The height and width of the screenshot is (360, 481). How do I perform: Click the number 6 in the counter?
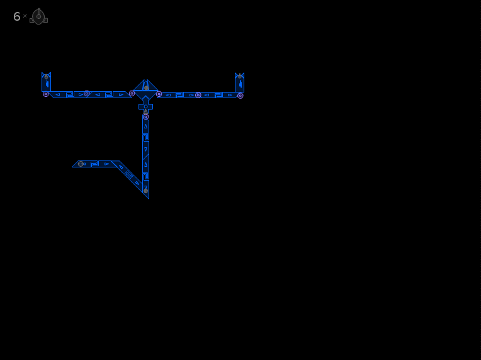pos(17,16)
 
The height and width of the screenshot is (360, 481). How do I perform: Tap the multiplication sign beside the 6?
pos(25,16)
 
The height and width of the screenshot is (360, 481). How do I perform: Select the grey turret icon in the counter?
pos(38,16)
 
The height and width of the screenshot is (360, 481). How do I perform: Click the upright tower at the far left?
pos(47,82)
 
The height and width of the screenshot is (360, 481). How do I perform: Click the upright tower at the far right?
pos(240,82)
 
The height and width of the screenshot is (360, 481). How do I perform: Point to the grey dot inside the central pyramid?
pos(146,88)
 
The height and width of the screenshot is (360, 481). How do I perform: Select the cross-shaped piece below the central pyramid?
pos(145,105)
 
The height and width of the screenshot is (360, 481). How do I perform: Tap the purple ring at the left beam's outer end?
pos(46,94)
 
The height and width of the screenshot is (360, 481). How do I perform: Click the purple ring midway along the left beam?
pos(87,93)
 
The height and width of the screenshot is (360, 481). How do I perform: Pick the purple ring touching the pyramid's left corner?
pos(132,94)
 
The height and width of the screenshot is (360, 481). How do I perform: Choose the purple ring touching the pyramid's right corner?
pos(159,94)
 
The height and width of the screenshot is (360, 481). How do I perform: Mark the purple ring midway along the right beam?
pos(198,95)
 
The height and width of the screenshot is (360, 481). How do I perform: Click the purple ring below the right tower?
pos(241,96)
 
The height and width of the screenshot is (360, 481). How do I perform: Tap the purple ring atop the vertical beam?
pos(145,117)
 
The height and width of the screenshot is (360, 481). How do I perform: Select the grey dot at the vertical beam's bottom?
pos(145,191)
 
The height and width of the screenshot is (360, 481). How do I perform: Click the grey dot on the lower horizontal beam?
pos(81,164)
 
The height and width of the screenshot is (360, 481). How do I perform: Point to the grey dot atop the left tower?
pos(47,77)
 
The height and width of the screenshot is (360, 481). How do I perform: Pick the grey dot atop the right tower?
pos(240,76)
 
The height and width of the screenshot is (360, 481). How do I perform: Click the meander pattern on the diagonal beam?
pos(129,175)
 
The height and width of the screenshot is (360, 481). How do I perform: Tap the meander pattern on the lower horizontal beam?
pos(94,164)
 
